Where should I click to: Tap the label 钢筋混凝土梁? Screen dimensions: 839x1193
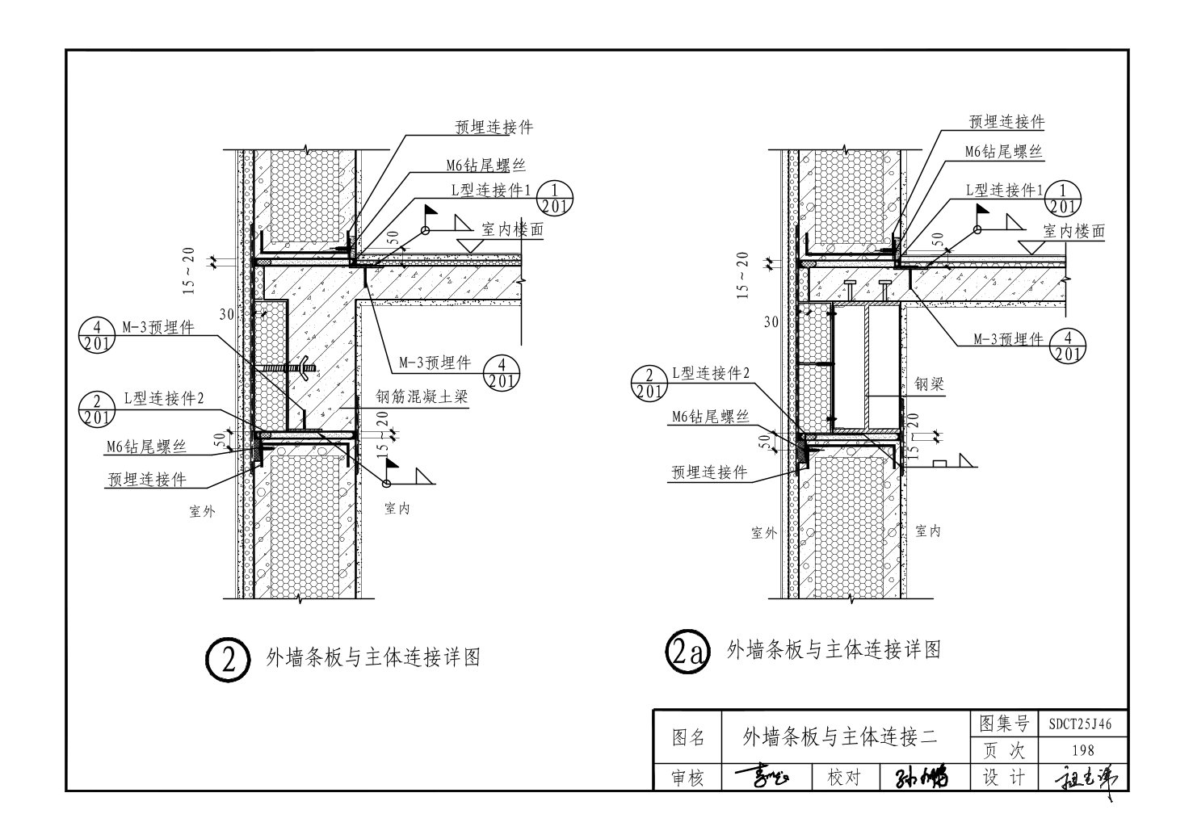click(422, 397)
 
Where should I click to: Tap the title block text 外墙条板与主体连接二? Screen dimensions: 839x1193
click(838, 736)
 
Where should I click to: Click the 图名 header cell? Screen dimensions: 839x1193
click(688, 737)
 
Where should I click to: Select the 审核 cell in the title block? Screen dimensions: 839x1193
click(688, 778)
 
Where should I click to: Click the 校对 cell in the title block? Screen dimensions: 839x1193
click(845, 778)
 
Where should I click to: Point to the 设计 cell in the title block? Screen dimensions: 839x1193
click(1003, 777)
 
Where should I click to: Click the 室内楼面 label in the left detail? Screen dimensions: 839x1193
click(512, 229)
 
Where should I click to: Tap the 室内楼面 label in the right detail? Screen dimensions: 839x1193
click(1073, 231)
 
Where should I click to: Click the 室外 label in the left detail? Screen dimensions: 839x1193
click(202, 510)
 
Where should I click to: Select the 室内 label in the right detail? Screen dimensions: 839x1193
click(929, 531)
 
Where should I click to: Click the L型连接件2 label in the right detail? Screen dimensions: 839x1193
click(711, 373)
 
